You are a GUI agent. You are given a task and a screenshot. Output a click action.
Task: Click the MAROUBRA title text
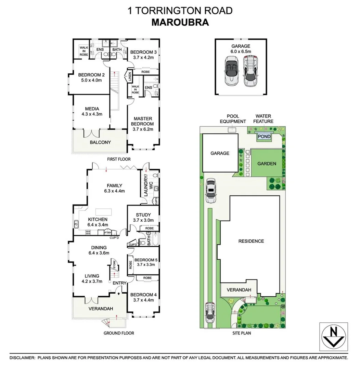180,22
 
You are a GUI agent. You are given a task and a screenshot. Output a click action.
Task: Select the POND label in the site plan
264,136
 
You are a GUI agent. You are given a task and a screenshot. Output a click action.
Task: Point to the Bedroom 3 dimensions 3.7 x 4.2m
143,58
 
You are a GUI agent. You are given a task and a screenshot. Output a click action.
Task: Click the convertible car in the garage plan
231,71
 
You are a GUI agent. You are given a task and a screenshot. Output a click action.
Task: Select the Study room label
143,215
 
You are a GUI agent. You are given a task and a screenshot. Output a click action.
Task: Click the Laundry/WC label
145,185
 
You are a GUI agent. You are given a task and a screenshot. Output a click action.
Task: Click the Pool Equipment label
233,119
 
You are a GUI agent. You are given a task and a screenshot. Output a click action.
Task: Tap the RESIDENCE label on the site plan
251,241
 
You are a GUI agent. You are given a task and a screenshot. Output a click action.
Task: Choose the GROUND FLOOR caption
119,333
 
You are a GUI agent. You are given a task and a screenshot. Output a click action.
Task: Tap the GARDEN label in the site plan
267,163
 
